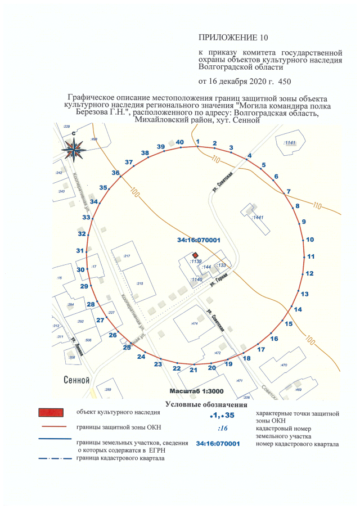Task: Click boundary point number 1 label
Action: coord(198,141)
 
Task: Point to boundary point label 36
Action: coord(115,173)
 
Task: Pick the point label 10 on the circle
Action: coord(310,240)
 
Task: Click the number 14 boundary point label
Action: coord(298,309)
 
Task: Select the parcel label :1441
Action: coord(258,217)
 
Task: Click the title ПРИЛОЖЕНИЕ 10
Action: coord(234,38)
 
